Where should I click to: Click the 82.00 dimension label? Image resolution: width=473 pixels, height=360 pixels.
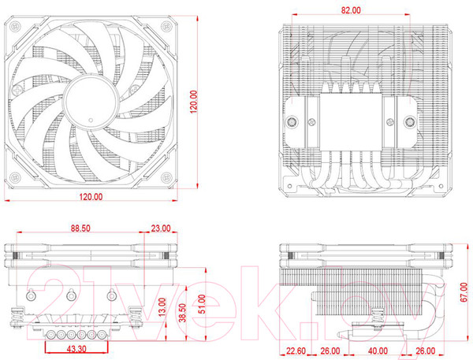coord(351,10)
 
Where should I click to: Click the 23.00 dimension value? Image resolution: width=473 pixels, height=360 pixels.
coord(160,228)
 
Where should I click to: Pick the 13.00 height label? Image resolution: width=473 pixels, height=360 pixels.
coord(162,302)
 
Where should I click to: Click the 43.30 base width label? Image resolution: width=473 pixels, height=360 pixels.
coord(76,347)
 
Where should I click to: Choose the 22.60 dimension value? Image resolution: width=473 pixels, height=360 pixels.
coord(296,351)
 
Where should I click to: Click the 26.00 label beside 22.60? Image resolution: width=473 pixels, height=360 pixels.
coord(330,351)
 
